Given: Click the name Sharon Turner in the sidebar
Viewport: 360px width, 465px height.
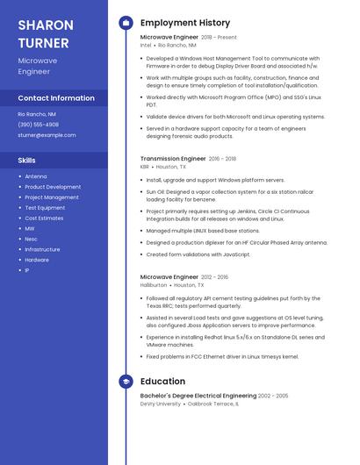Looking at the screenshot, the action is point(46,32).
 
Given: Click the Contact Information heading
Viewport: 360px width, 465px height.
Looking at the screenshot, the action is point(56,98).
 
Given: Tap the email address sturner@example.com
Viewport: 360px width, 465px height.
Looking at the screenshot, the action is point(47,135).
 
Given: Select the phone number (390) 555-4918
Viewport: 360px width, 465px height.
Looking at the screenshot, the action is point(39,125).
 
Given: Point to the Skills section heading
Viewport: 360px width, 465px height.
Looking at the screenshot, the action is point(27,161).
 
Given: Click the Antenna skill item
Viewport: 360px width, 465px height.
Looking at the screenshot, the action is point(36,176).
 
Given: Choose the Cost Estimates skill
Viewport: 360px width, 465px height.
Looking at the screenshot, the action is point(44,218).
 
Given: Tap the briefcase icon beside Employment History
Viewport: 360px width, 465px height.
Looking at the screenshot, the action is point(126,23).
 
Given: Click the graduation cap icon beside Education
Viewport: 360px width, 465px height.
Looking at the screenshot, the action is point(126,382).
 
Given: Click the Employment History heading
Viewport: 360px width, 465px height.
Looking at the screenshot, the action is point(185,23).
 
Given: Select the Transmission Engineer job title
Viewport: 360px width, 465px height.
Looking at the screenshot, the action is point(173,159).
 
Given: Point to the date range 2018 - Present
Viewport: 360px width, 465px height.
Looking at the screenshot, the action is point(219,38).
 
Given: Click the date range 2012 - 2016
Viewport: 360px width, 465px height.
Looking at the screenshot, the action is point(214,277).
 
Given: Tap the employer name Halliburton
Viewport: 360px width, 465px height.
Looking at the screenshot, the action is point(153,285).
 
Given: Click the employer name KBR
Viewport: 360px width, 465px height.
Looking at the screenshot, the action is point(145,167).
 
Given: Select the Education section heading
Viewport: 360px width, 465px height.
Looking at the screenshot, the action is point(162,382).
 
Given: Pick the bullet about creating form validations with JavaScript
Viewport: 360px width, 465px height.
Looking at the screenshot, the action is point(198,254).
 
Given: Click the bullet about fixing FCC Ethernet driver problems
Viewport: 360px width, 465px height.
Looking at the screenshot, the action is point(222,357).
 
